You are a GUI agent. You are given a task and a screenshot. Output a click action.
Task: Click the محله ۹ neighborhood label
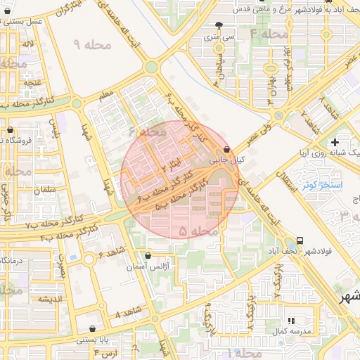click(91, 45)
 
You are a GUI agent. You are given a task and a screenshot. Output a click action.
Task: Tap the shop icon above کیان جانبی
click(226, 149)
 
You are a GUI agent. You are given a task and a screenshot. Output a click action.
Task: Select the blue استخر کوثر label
click(321, 185)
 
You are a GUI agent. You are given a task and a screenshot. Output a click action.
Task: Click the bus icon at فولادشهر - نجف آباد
click(300, 240)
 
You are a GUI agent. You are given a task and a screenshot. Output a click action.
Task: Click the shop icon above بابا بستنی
click(93, 328)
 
